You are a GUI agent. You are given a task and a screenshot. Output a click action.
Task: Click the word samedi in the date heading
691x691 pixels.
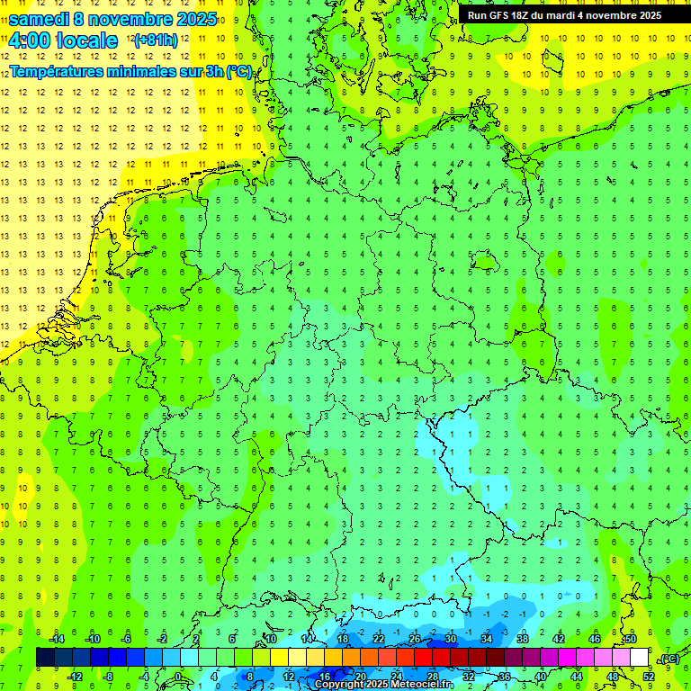(x=42, y=18)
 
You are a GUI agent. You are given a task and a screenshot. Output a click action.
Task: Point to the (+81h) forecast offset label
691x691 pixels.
(x=155, y=40)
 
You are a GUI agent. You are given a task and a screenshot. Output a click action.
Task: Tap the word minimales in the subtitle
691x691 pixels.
(x=143, y=71)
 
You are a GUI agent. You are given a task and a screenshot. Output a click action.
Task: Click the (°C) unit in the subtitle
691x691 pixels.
(x=239, y=71)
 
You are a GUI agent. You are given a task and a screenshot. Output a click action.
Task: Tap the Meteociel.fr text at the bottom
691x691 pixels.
(x=422, y=684)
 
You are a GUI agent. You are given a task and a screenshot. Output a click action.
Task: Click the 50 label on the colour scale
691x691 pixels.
(x=630, y=639)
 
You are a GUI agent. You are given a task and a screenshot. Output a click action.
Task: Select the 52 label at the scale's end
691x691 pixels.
(x=649, y=677)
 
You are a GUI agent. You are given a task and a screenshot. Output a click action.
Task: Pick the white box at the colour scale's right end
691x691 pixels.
(x=639, y=657)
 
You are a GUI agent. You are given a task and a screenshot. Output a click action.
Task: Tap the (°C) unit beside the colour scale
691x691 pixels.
(x=669, y=659)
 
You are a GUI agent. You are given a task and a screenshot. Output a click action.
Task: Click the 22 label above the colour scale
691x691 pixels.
(x=379, y=639)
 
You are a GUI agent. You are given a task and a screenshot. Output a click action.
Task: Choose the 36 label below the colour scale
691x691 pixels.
(x=505, y=677)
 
